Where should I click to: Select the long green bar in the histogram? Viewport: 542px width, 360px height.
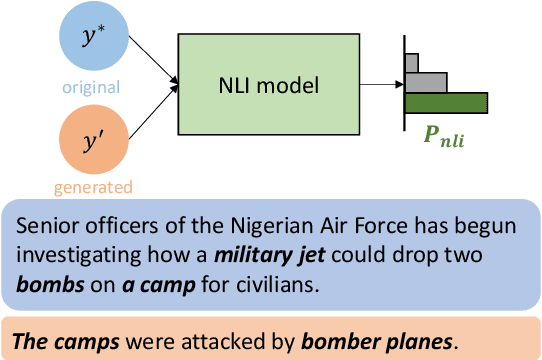(x=446, y=102)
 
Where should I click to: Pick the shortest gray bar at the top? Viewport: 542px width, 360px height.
(x=411, y=61)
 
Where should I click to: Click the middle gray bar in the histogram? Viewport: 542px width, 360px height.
(x=424, y=81)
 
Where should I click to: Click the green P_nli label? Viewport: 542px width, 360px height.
(x=441, y=131)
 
